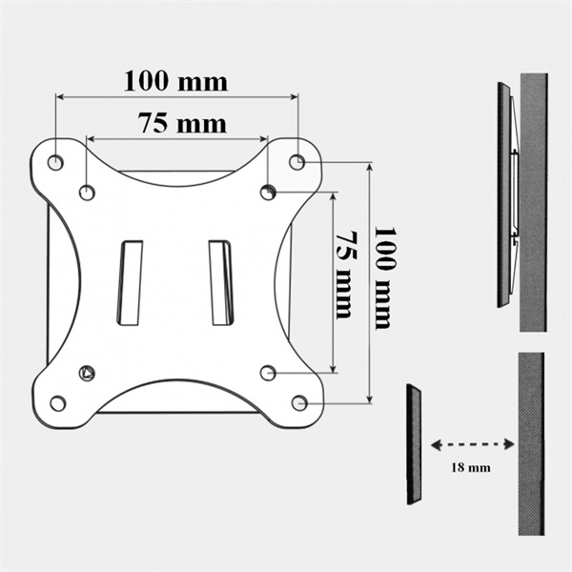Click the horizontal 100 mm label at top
click(x=175, y=81)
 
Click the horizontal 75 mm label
click(x=182, y=124)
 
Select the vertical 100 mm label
click(x=382, y=277)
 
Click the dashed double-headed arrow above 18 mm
click(x=473, y=443)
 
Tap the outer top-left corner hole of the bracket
click(x=56, y=162)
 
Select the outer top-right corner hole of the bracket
click(x=297, y=162)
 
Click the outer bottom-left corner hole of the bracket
click(x=58, y=403)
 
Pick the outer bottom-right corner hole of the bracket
click(x=299, y=402)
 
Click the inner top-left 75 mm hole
click(x=87, y=194)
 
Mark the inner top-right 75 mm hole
click(x=269, y=193)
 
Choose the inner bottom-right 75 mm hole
click(x=268, y=372)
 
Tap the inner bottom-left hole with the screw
click(x=88, y=373)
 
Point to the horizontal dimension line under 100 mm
click(x=176, y=96)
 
